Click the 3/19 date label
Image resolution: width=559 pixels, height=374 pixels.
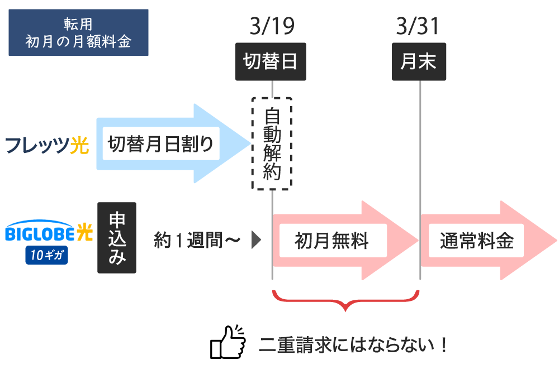[272, 26]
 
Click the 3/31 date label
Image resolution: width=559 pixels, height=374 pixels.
[418, 26]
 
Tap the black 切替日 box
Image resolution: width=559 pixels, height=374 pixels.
[271, 61]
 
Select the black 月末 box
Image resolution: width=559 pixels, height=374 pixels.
[419, 61]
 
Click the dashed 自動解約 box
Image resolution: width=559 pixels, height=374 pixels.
[272, 143]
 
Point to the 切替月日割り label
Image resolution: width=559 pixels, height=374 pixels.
[161, 143]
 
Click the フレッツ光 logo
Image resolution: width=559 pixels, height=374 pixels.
[47, 145]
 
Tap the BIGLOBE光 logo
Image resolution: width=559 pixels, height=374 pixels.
[49, 231]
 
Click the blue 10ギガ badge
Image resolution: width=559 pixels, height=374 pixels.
[47, 255]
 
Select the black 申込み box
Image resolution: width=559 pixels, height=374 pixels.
[117, 238]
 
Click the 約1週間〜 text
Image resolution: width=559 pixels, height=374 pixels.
[197, 240]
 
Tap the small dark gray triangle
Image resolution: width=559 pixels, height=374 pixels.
[257, 240]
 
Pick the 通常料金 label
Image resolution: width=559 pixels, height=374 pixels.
[476, 241]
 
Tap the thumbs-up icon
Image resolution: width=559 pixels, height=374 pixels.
[228, 342]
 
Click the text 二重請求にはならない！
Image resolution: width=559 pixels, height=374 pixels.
[353, 344]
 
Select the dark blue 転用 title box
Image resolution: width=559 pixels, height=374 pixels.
[78, 32]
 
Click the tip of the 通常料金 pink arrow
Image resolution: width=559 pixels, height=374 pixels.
[557, 241]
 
